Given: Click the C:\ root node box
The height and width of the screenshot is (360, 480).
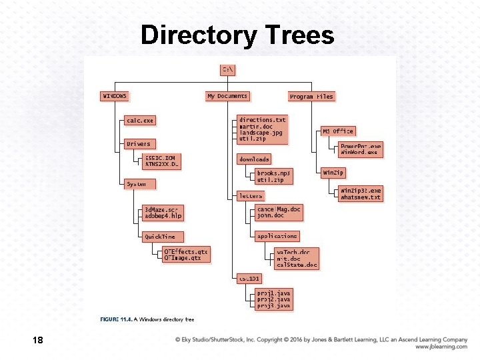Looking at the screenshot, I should (x=228, y=69).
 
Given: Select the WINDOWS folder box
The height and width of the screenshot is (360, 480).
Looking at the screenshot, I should (x=115, y=96).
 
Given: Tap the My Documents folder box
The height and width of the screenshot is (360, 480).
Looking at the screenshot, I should (x=227, y=96).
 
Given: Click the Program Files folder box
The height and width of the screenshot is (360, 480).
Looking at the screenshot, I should (x=311, y=97).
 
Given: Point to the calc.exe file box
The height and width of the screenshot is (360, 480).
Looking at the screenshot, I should (x=140, y=121).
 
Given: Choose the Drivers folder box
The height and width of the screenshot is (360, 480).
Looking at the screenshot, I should (x=138, y=143).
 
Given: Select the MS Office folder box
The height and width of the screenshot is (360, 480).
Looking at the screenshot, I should (x=338, y=131).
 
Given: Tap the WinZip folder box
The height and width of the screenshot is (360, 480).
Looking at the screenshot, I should (x=333, y=173).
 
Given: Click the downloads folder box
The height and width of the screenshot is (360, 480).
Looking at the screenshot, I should (x=254, y=159).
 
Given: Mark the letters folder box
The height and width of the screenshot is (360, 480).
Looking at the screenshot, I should (x=251, y=196).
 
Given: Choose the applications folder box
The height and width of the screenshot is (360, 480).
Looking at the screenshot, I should (x=277, y=236).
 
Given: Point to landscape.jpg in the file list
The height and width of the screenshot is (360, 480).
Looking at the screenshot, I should (x=261, y=133).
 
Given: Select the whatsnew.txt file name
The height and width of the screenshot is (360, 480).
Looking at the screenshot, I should (x=361, y=197).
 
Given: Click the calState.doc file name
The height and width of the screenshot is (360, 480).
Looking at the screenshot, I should (x=297, y=265).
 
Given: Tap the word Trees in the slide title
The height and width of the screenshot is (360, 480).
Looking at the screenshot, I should (x=298, y=35).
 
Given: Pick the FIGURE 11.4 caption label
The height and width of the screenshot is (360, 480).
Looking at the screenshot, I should (x=116, y=320).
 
